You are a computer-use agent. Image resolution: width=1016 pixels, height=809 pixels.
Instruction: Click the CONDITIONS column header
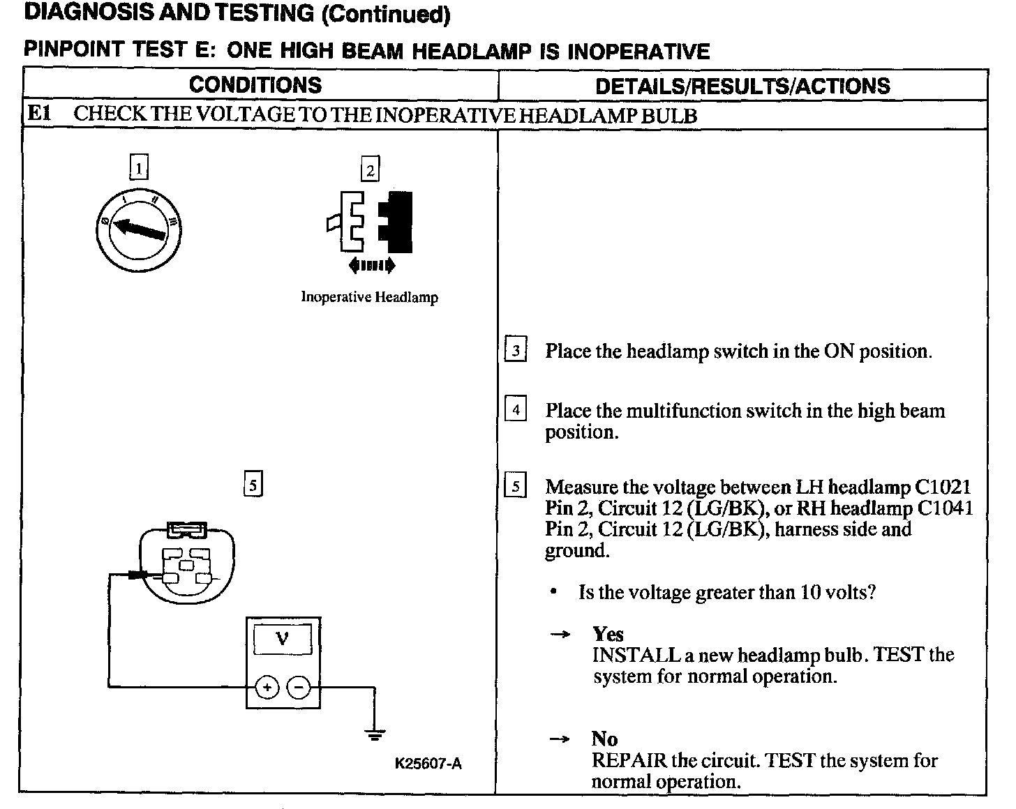click(255, 85)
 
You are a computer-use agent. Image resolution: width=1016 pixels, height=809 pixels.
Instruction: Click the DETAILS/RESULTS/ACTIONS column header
click(742, 86)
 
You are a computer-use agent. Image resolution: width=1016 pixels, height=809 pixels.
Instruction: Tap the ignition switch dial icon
click(139, 227)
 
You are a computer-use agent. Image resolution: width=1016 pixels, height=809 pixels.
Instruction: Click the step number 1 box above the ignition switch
click(139, 167)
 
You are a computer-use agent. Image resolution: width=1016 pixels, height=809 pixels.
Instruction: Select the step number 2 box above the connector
click(370, 169)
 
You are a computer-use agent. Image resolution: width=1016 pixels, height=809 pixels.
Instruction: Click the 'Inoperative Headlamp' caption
click(369, 297)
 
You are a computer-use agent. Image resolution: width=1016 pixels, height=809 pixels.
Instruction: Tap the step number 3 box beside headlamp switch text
click(515, 350)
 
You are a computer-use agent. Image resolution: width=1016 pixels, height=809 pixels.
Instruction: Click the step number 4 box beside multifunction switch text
click(515, 409)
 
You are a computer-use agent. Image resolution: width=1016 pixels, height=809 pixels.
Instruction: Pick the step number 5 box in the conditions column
click(253, 483)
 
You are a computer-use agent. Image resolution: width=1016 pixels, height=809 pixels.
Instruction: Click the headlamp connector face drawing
click(186, 562)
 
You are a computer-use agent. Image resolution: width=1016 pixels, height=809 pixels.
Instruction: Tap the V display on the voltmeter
click(283, 638)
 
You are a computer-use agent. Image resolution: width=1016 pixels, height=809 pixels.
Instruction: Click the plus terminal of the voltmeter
click(266, 688)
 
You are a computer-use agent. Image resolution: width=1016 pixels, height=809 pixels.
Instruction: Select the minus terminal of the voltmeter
click(299, 688)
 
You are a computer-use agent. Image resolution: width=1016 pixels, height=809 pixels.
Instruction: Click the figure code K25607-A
click(428, 764)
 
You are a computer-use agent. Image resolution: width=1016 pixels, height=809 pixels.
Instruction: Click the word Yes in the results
click(607, 634)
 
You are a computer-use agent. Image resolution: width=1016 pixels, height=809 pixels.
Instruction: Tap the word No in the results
click(604, 739)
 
